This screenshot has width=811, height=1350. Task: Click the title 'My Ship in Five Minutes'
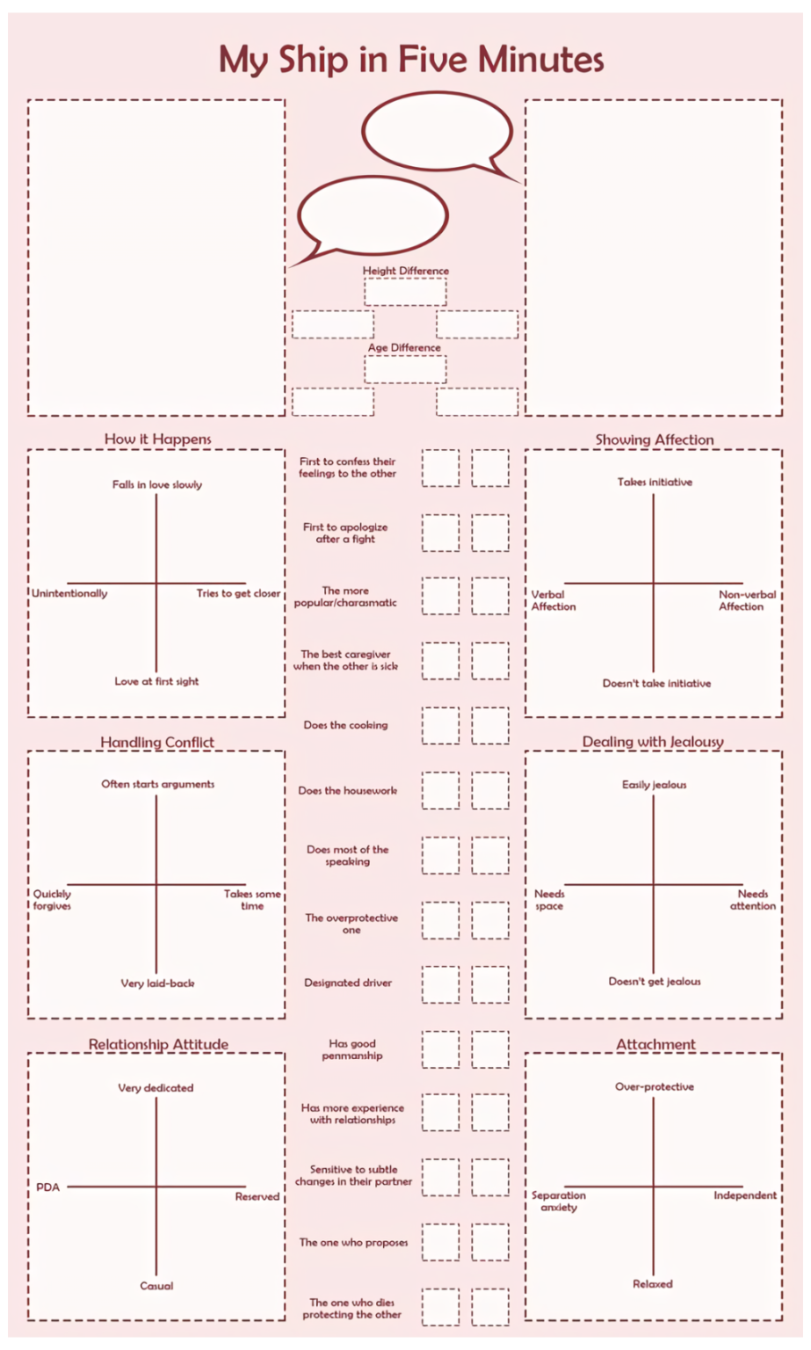(x=411, y=60)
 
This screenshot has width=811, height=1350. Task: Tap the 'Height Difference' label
(x=406, y=271)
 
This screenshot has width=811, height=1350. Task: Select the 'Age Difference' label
(x=404, y=347)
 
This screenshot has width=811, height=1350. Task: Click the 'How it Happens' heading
(x=157, y=439)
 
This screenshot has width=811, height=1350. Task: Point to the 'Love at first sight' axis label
(x=156, y=681)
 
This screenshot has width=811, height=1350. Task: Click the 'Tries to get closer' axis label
(x=238, y=593)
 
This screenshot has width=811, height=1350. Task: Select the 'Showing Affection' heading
(x=654, y=439)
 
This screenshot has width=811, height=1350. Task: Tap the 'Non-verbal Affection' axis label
(x=746, y=600)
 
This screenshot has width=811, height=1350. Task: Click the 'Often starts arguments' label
(x=157, y=784)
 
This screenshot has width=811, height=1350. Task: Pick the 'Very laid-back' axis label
(x=157, y=983)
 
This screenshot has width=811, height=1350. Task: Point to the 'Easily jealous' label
(x=654, y=785)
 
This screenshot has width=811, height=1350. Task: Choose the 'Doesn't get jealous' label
(x=655, y=982)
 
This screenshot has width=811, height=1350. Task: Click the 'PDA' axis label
(x=48, y=1187)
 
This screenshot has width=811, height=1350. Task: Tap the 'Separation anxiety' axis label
(x=559, y=1201)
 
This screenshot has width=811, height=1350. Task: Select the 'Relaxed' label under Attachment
(x=653, y=1284)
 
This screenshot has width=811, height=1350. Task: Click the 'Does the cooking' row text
(x=345, y=725)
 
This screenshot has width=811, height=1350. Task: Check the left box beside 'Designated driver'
(x=440, y=984)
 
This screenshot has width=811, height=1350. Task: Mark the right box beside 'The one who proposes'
(x=490, y=1243)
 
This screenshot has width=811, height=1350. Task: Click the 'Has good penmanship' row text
(x=352, y=1049)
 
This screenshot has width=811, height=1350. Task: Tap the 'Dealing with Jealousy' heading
(x=653, y=742)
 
